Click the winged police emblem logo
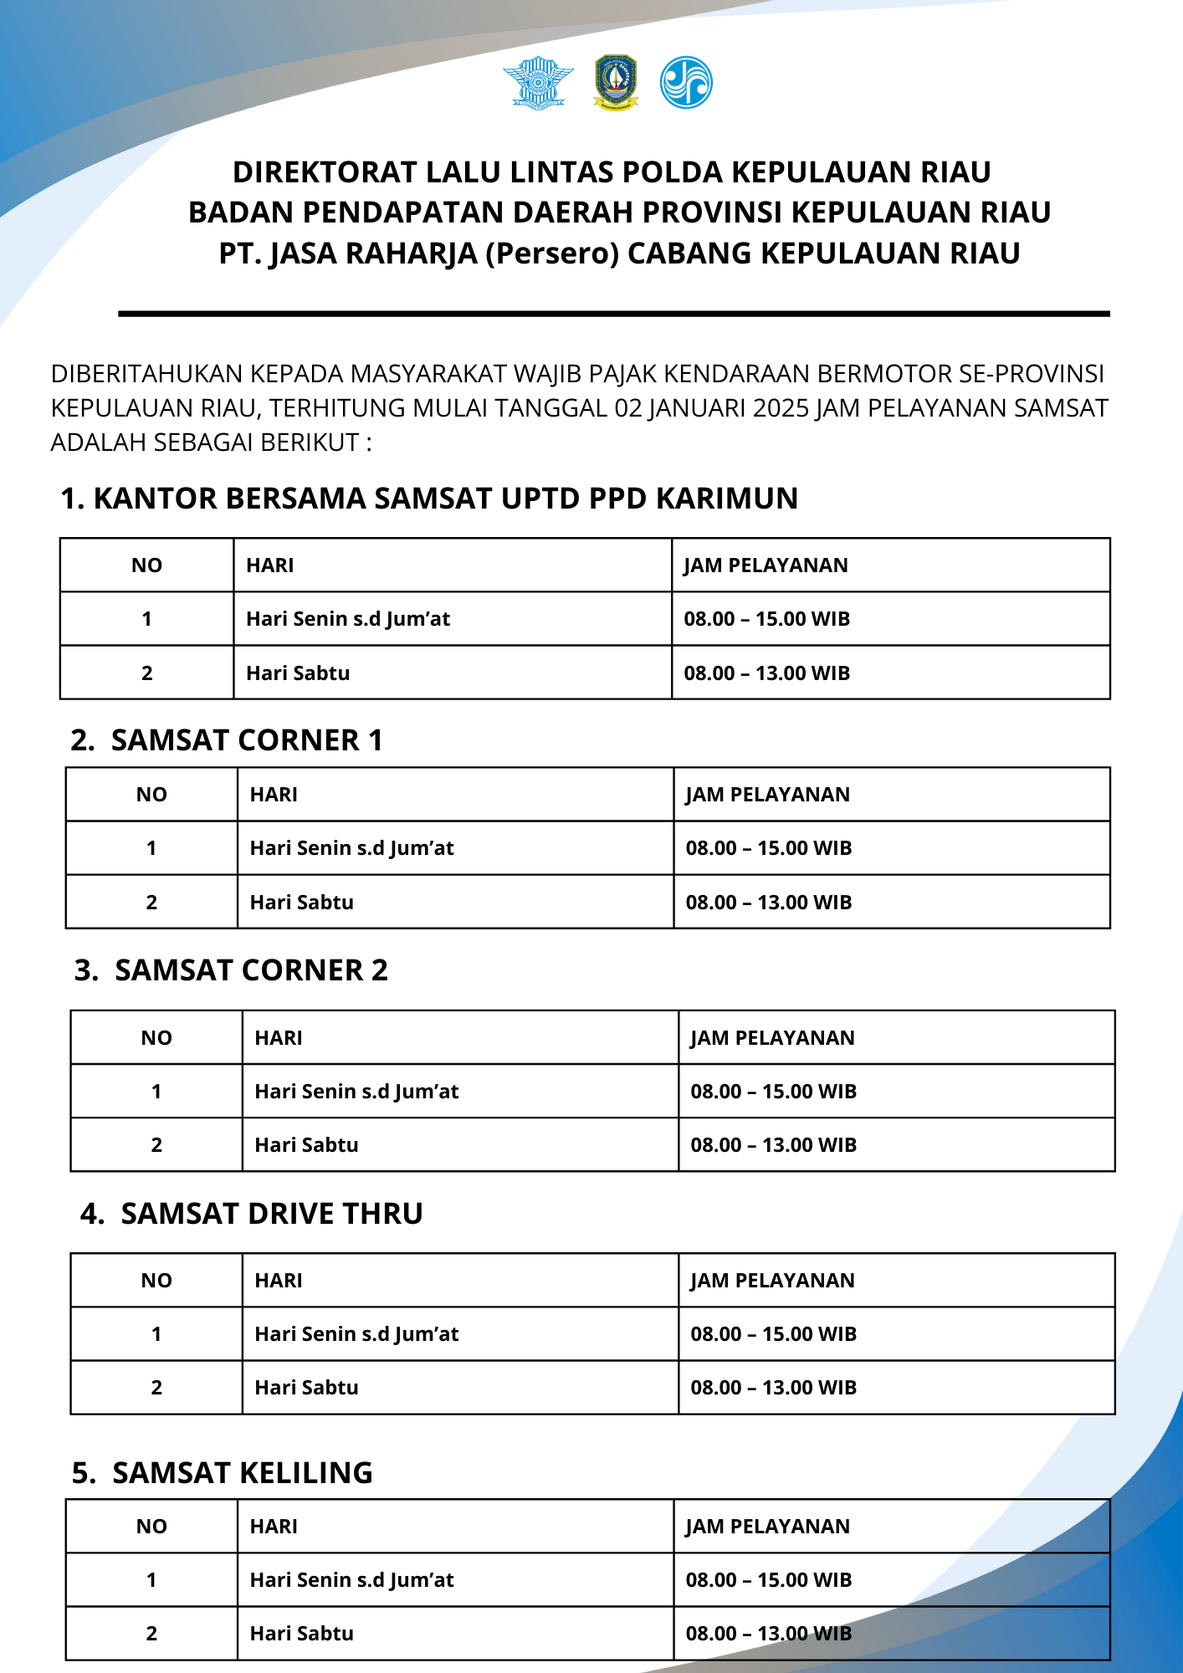[538, 83]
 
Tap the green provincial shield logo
[616, 83]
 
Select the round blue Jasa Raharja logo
[686, 83]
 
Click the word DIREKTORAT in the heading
[325, 172]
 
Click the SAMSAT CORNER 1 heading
[247, 740]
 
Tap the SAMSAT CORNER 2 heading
[251, 970]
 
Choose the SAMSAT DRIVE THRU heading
[272, 1214]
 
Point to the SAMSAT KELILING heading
[243, 1473]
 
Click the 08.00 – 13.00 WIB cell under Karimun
[766, 673]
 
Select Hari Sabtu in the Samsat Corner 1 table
[301, 903]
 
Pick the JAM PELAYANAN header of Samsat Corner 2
[772, 1038]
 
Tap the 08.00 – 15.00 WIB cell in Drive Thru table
[773, 1334]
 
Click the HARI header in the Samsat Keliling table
[274, 1527]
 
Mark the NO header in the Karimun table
[146, 565]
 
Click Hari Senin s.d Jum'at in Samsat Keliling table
[351, 1580]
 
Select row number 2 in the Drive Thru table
[156, 1388]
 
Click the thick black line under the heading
[614, 314]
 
